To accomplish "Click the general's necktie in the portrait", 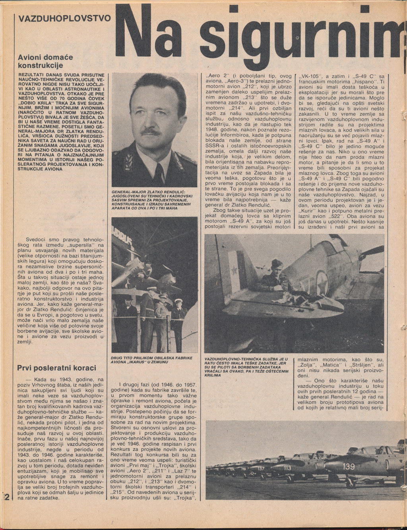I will click(x=159, y=173).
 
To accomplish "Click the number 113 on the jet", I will click(x=287, y=468).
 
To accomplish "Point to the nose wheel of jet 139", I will click(x=349, y=484).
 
